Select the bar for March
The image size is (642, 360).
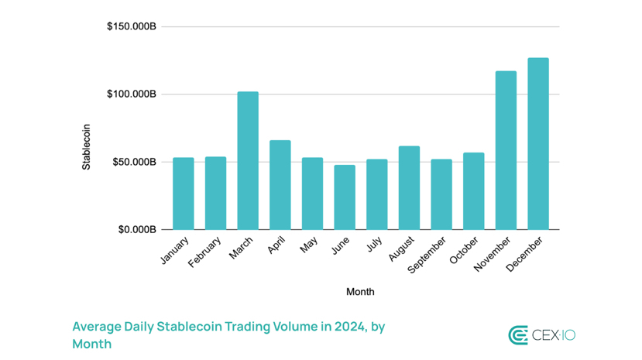tap(248, 160)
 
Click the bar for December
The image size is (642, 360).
tap(538, 143)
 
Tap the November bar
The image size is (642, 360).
tap(506, 150)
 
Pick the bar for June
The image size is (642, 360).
tap(345, 197)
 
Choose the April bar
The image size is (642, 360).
tap(280, 184)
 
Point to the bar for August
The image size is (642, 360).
tap(409, 187)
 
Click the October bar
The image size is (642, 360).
tap(474, 190)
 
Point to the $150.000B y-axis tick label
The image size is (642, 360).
tap(132, 26)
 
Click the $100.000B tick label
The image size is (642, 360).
tap(132, 94)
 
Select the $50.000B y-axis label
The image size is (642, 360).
tap(135, 162)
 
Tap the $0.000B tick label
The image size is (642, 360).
tap(138, 230)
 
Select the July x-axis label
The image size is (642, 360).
tap(375, 245)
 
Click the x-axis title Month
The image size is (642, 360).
tap(360, 292)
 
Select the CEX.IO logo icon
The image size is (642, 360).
tap(517, 335)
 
